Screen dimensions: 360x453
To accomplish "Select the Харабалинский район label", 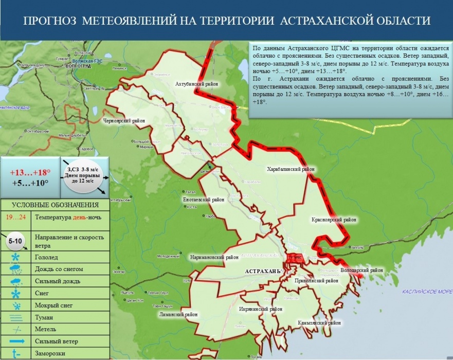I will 291,169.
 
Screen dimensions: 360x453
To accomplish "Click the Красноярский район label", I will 334,220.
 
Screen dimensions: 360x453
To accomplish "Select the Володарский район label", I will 362,270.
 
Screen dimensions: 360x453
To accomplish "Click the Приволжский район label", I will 316,281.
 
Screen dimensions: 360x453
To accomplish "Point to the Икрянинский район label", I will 261,309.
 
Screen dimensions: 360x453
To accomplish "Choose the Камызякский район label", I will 319,323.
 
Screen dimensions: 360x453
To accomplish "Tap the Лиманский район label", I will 178,314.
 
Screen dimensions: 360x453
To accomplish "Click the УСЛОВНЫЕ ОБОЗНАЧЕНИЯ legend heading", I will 56,205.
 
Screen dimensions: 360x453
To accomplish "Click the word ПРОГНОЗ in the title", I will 50,21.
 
